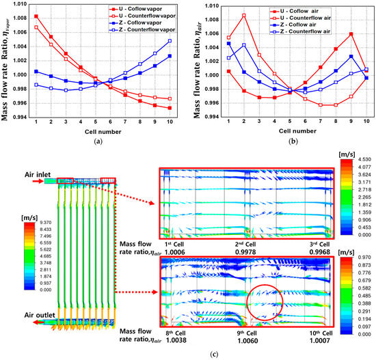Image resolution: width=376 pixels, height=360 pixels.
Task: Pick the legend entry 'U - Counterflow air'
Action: pyautogui.click(x=321, y=16)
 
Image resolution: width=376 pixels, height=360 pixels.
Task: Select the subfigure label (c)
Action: pyautogui.click(x=187, y=352)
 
